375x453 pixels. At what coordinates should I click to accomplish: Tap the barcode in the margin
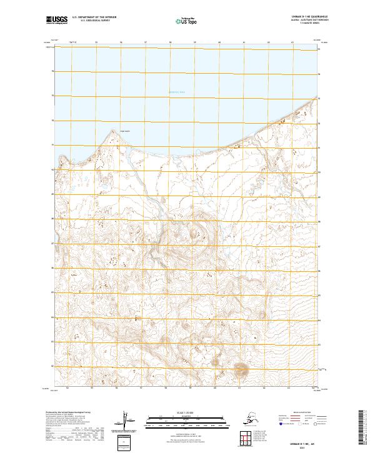(366, 425)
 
